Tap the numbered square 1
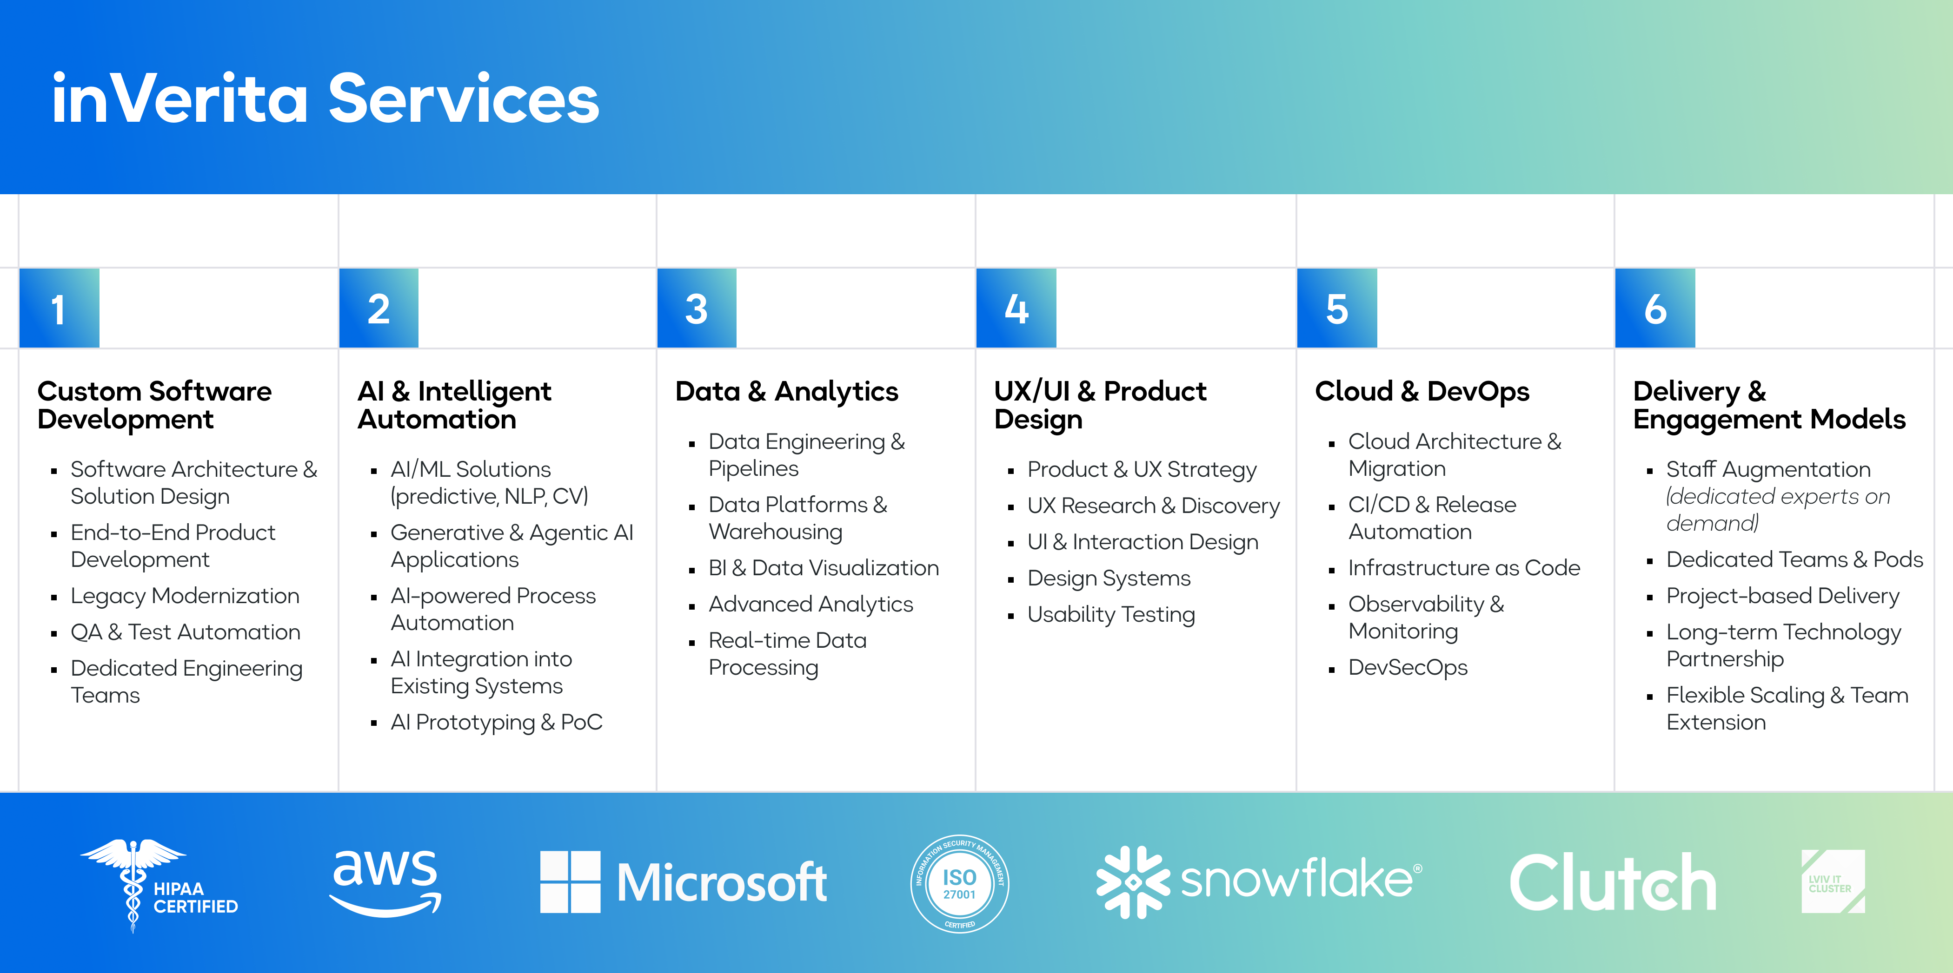[x=59, y=308]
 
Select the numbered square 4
[x=1016, y=308]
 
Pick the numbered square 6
[x=1655, y=308]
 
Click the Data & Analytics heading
[x=786, y=391]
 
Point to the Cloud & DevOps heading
[x=1422, y=391]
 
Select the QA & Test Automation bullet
[x=185, y=632]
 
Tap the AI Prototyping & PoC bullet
[x=496, y=722]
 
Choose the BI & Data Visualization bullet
[x=824, y=568]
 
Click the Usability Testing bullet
[x=1111, y=615]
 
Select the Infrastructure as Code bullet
[x=1464, y=568]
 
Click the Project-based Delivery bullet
[x=1782, y=596]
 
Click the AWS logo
[x=385, y=882]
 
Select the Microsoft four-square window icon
[x=570, y=882]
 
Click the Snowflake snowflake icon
[x=1133, y=882]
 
